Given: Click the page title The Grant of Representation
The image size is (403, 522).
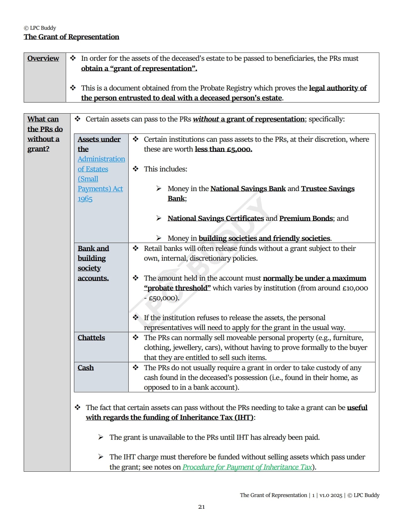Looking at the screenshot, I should click(71, 37).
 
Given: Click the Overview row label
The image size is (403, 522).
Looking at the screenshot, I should click(43, 59).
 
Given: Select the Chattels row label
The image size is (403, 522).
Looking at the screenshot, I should click(91, 338).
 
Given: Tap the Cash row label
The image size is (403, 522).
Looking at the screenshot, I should click(86, 368).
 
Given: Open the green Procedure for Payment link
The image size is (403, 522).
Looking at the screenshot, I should click(247, 467).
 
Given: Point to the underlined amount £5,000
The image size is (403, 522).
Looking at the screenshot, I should click(239, 149).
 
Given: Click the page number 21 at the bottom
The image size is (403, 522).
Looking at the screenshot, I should click(201, 507).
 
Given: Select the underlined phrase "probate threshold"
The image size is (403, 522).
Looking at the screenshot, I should click(177, 288).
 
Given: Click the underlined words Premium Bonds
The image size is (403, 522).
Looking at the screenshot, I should click(306, 219).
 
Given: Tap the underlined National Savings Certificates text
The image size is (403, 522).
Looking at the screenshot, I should click(216, 219).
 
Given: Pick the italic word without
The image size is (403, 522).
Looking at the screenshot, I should click(206, 119).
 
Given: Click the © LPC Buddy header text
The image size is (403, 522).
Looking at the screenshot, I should click(40, 28).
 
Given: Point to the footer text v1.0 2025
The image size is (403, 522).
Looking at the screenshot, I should click(331, 495).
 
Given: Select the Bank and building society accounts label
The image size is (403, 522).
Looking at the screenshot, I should click(93, 263).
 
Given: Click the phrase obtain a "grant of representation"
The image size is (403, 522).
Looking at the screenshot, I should click(139, 69).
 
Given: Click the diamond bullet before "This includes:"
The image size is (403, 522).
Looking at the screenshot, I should click(136, 169).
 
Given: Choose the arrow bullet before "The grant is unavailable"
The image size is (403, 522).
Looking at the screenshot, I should click(101, 437).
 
